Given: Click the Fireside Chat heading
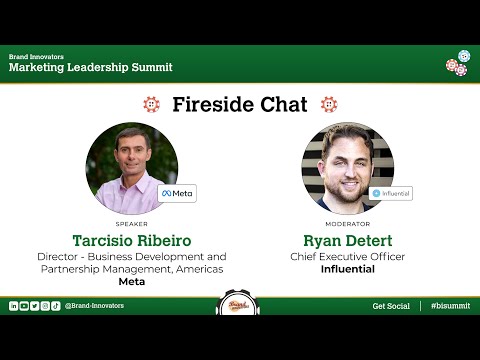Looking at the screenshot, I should point(239,104).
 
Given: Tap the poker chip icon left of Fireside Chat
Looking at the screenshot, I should point(151,104).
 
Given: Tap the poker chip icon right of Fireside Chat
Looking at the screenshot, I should point(328,104).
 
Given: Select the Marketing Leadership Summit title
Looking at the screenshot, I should point(91,67).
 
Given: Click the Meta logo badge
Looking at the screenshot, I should point(177,193).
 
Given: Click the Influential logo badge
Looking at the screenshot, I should point(390,193).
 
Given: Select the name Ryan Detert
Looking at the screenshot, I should point(347,241).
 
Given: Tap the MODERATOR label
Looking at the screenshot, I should point(347,224).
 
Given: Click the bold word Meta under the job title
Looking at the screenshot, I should point(132,283).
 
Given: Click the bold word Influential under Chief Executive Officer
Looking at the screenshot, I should point(347,270).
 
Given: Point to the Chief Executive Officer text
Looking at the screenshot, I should point(347,257).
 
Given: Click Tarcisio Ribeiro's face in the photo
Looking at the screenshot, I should point(130,160).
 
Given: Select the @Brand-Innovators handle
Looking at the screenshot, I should point(94,306).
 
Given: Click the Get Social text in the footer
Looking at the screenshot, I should point(391,306).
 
